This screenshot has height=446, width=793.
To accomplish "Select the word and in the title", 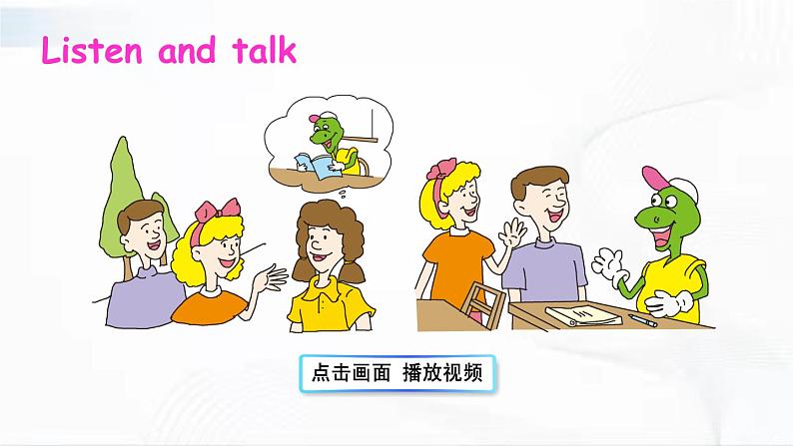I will click(187, 51).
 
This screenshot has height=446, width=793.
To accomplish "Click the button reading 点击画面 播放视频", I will click(396, 373).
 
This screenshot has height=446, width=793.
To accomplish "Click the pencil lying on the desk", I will click(641, 320).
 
